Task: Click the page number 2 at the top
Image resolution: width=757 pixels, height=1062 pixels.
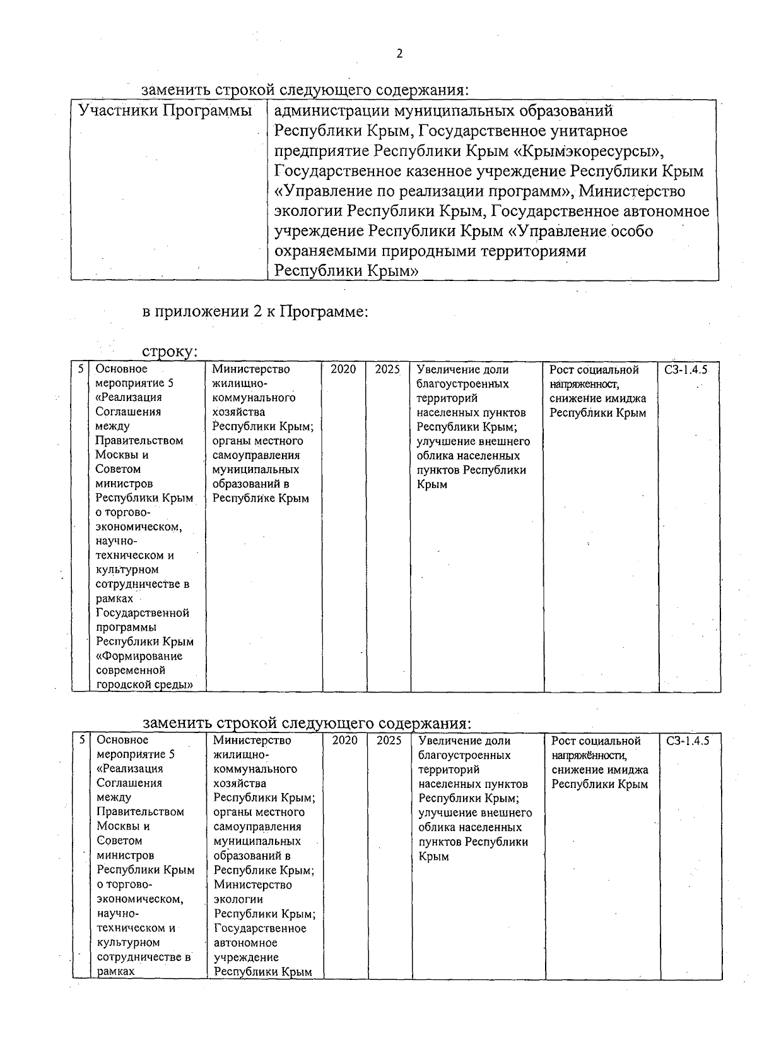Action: coord(399,54)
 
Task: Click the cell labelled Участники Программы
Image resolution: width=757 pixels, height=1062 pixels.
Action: coord(165,111)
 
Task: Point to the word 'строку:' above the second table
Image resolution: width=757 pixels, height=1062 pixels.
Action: coord(170,351)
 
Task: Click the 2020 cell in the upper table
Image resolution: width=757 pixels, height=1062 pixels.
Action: coord(343,369)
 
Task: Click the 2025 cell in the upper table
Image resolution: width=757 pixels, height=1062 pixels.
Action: coord(387,369)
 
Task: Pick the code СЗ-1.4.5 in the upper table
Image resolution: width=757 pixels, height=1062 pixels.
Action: coord(686,370)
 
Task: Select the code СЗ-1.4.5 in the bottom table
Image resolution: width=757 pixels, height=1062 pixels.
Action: coord(688,741)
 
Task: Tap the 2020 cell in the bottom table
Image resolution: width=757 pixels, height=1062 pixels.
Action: coord(345,741)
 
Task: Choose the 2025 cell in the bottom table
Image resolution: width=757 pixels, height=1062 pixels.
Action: coord(389,741)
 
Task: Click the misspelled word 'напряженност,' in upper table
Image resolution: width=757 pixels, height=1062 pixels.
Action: coord(584,384)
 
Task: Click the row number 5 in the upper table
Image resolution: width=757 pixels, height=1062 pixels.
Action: coord(80,369)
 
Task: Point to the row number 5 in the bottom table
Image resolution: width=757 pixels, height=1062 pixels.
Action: coord(81,740)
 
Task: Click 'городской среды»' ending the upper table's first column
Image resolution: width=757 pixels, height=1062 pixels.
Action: coord(144,684)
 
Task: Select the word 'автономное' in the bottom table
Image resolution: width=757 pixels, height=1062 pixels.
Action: coord(245,943)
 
